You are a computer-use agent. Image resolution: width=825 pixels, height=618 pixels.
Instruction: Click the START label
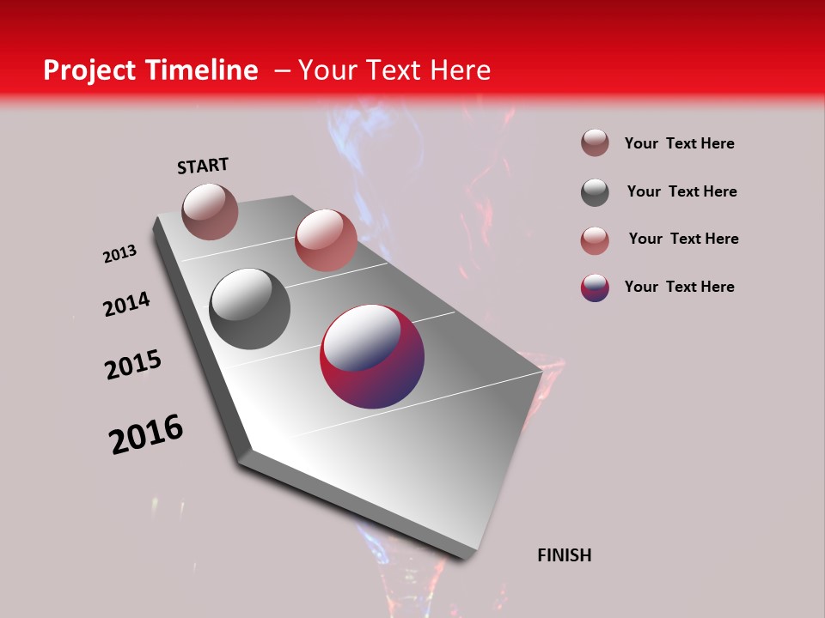point(203,166)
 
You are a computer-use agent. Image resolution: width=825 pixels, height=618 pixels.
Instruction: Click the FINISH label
point(565,555)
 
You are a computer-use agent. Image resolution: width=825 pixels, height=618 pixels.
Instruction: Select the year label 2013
point(120,254)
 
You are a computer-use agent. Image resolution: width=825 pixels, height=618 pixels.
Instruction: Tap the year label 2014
point(126,305)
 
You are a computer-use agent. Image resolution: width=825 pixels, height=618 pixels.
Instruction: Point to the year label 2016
point(146,434)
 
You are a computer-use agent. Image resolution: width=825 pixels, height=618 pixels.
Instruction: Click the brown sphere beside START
point(210,211)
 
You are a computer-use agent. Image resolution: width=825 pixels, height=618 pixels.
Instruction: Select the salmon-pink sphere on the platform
point(326,240)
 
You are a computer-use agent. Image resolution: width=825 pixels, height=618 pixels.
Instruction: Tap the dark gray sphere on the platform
point(250,309)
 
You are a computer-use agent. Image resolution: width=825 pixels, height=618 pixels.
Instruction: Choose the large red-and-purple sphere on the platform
point(372,356)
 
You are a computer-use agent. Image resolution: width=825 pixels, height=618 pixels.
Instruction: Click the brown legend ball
point(595,143)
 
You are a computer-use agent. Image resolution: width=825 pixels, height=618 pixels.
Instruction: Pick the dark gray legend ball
point(595,192)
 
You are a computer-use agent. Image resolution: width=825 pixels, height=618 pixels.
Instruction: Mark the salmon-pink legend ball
point(595,240)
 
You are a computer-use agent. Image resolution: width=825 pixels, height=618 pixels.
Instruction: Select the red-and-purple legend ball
point(595,288)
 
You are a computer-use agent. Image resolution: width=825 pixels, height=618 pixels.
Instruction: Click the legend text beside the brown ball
point(679,144)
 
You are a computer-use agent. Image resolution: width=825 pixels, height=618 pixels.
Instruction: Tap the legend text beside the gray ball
point(681,191)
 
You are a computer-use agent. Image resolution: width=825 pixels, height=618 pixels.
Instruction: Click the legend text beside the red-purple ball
point(679,287)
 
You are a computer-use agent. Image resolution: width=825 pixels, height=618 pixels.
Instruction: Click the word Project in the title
point(90,70)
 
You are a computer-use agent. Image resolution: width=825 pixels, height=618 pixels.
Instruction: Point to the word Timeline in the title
point(203,70)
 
